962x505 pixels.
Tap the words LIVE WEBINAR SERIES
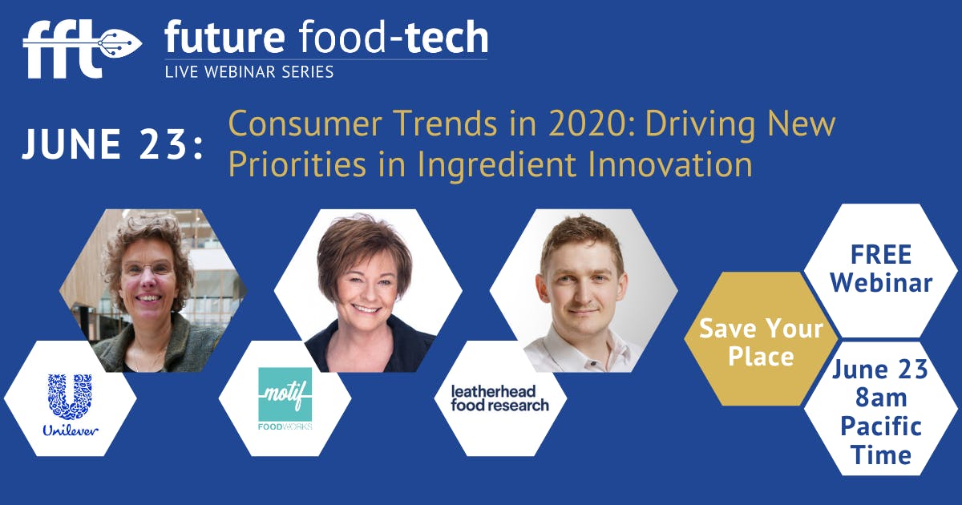click(249, 72)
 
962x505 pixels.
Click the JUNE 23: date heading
click(112, 144)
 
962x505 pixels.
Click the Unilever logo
click(70, 405)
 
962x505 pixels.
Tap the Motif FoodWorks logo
click(285, 399)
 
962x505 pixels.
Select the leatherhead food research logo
click(500, 398)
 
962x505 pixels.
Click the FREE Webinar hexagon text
click(880, 269)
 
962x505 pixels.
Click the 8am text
click(880, 398)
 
